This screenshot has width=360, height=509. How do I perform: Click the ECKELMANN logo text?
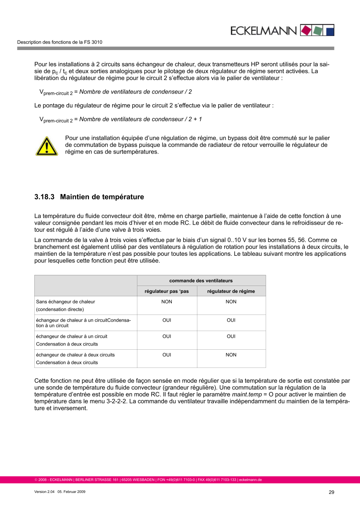(263, 31)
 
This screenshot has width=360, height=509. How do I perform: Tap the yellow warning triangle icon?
(47, 146)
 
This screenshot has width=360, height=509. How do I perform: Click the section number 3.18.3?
(44, 197)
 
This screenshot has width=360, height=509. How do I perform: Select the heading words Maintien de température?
(102, 197)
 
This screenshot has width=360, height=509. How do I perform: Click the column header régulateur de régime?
(231, 291)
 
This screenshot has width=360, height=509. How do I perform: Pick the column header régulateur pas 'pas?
(166, 291)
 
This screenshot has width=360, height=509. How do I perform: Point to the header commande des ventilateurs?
(201, 281)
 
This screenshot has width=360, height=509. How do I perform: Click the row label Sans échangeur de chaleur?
(65, 302)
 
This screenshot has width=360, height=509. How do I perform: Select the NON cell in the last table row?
(231, 355)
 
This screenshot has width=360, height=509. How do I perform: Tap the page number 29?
(331, 492)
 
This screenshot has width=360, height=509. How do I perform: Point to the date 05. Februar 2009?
(72, 492)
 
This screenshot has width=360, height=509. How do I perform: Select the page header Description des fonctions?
(60, 42)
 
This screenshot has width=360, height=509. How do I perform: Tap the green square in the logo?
(317, 30)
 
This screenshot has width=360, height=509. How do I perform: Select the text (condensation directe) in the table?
(60, 309)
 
